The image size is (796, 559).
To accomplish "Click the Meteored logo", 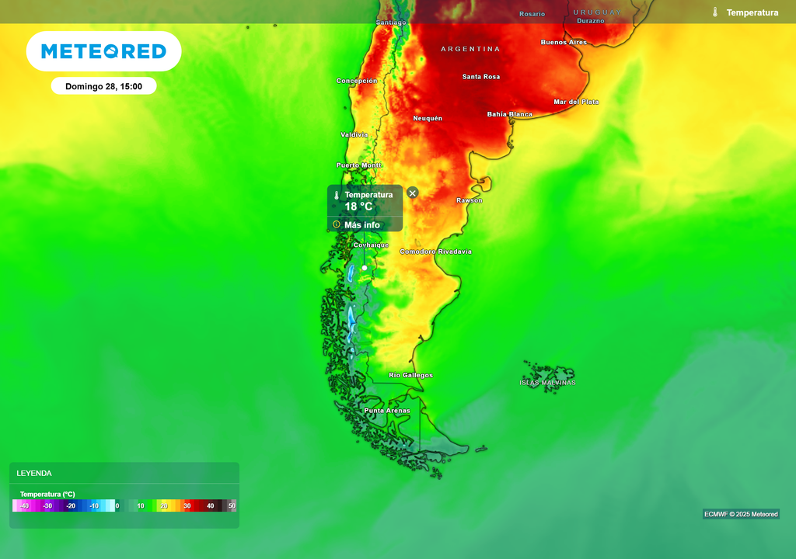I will point(103,51).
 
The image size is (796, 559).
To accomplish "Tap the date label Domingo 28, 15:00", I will point(103,86).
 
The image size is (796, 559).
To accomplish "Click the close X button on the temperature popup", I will point(413,193).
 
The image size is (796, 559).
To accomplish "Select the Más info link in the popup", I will point(361,225).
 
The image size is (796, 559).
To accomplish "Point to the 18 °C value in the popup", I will point(358,207).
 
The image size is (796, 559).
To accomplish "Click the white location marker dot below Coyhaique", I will point(365,268).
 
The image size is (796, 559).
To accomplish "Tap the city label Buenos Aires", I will point(564,42).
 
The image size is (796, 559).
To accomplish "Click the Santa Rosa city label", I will point(481,77).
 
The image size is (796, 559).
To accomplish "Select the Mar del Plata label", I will point(576,102).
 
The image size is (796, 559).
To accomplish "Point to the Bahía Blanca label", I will point(510,114).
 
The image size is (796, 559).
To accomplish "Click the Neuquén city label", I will point(428,118).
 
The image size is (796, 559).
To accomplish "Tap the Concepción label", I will point(357,81).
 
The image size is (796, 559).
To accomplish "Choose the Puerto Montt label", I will point(359,165).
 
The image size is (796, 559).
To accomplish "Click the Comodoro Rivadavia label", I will point(435,252).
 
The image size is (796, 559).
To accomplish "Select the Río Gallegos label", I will point(411,375).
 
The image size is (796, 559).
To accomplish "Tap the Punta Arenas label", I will point(387,411).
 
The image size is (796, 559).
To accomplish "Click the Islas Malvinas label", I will point(548,383).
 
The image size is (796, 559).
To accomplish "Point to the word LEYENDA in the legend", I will point(34,473).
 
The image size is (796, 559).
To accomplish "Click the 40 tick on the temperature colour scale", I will point(210,506).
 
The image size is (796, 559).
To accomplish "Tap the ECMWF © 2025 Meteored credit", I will point(741,514).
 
